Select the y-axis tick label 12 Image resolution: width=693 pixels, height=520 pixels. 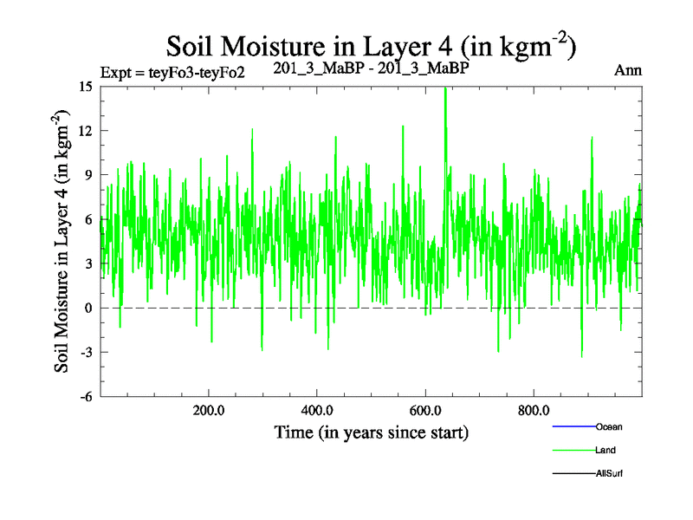[x=86, y=130]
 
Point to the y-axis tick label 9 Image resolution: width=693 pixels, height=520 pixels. [x=88, y=174]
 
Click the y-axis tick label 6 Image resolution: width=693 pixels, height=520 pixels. [x=88, y=218]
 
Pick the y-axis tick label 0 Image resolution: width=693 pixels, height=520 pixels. [x=88, y=308]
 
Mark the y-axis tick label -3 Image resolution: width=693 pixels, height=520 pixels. [x=86, y=352]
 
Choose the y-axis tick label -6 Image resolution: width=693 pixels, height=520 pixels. [x=86, y=396]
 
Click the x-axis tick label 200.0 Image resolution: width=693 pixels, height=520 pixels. [x=209, y=411]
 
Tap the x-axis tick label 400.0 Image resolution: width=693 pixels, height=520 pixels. [x=317, y=411]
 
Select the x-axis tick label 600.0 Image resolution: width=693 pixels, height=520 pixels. [x=425, y=411]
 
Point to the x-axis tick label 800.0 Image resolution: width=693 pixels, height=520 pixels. [x=534, y=411]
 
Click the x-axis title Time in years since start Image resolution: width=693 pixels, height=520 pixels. [x=371, y=432]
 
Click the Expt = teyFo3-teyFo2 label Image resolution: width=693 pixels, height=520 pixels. [x=172, y=72]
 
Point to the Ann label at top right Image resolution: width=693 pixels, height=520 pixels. [x=628, y=71]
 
